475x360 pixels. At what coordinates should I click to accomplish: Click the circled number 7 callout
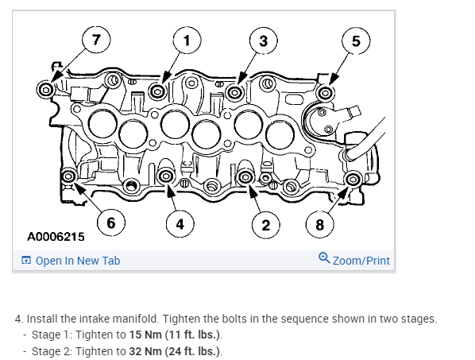click(x=96, y=40)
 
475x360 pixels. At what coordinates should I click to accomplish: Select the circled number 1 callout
click(x=187, y=41)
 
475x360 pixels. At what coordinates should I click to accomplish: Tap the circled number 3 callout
click(x=263, y=41)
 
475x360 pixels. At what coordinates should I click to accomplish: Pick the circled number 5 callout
click(x=356, y=41)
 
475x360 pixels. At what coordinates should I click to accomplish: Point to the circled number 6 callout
click(x=111, y=223)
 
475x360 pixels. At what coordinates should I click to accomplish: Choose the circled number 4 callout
click(x=180, y=224)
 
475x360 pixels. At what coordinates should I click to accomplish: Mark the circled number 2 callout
click(x=265, y=225)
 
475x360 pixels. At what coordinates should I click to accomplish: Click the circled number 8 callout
click(x=319, y=225)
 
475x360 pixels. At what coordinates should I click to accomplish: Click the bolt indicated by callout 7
click(x=46, y=90)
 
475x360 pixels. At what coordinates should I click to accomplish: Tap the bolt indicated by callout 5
click(x=326, y=93)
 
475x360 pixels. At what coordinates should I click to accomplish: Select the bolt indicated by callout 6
click(x=68, y=176)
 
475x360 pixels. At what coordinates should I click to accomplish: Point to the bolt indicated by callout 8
click(x=353, y=179)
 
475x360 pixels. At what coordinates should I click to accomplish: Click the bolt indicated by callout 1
click(x=157, y=91)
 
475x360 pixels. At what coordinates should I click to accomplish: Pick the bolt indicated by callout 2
click(x=245, y=176)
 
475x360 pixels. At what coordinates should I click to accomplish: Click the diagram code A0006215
click(x=56, y=237)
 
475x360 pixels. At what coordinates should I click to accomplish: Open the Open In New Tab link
click(x=71, y=261)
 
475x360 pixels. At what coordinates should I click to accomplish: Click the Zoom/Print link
click(x=361, y=261)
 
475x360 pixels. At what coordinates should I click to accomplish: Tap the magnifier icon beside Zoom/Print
click(x=324, y=258)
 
